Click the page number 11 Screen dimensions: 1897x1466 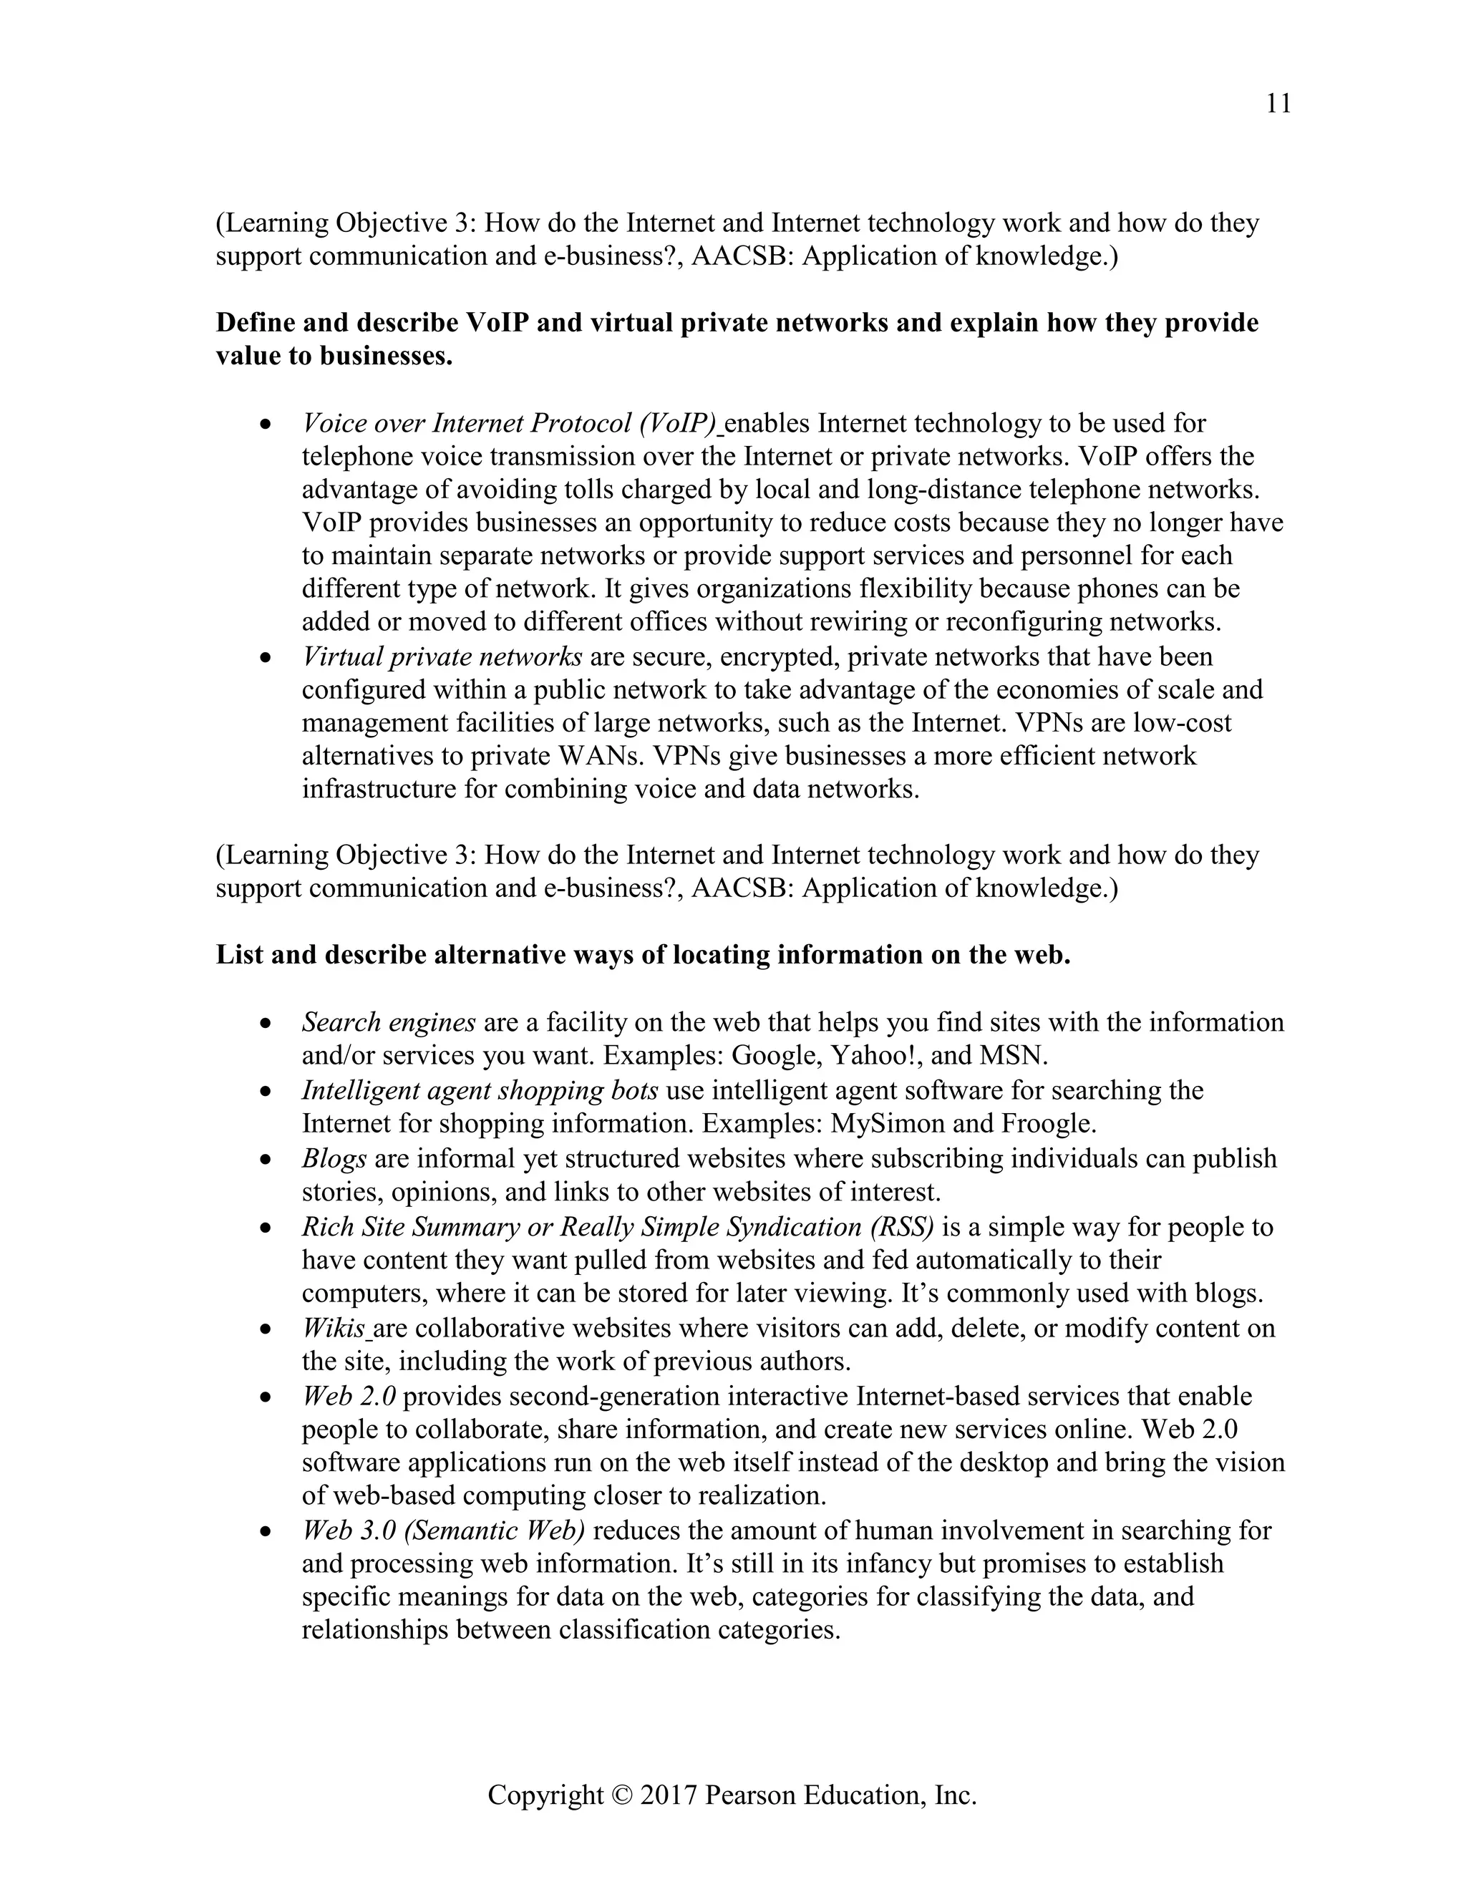1278,105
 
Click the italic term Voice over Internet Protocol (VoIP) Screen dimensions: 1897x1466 510,424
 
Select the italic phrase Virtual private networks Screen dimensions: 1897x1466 441,656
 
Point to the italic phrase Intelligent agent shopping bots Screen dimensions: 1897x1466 480,1090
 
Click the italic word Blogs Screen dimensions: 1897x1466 334,1159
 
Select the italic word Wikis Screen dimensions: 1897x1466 333,1328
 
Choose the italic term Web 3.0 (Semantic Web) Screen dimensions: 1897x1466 443,1530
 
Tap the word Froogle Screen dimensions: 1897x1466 1048,1124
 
